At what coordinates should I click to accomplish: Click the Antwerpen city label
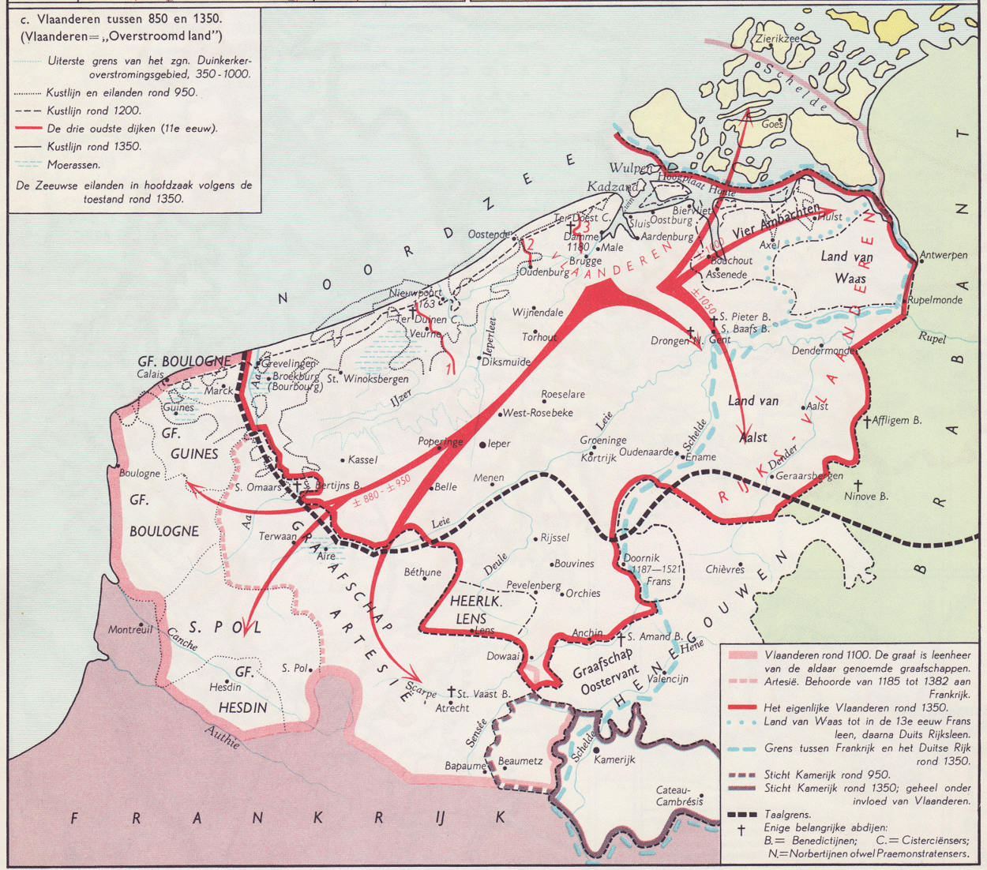944,256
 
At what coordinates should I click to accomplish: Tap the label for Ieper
499,444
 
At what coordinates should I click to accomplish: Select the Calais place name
150,374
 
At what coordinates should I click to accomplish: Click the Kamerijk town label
614,759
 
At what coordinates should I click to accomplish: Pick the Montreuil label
130,630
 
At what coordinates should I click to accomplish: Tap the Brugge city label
585,261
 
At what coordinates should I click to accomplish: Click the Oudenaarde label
647,452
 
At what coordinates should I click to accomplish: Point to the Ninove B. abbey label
866,497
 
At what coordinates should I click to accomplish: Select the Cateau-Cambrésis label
679,796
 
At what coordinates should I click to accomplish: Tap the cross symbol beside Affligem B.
866,421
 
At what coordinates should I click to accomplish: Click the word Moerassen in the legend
73,165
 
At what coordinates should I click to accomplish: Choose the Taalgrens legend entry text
788,815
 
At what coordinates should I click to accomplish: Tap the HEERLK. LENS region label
476,609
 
